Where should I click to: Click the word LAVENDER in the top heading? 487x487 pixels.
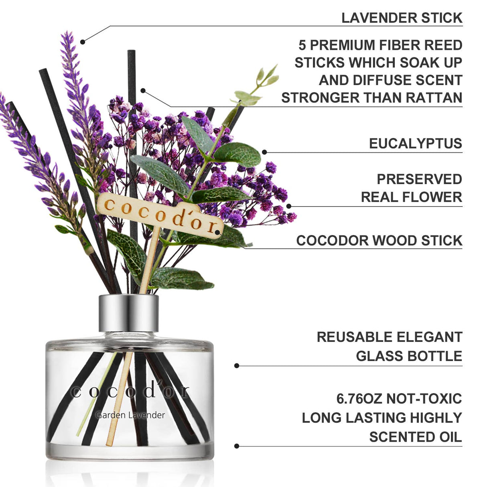(x=373, y=18)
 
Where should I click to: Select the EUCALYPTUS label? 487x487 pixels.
(x=415, y=144)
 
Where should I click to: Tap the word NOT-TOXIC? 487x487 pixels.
(x=424, y=399)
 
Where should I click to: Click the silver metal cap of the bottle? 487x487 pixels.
(x=129, y=313)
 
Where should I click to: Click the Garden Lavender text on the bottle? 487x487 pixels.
(x=130, y=415)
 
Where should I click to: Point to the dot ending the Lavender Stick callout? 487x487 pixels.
(x=83, y=41)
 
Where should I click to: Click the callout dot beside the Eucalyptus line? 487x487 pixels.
(x=264, y=152)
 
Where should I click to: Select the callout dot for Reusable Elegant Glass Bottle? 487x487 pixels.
(x=237, y=365)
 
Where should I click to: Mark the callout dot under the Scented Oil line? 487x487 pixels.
(x=237, y=446)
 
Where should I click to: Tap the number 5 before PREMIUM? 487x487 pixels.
(x=302, y=45)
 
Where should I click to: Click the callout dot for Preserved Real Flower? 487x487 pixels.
(x=289, y=206)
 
